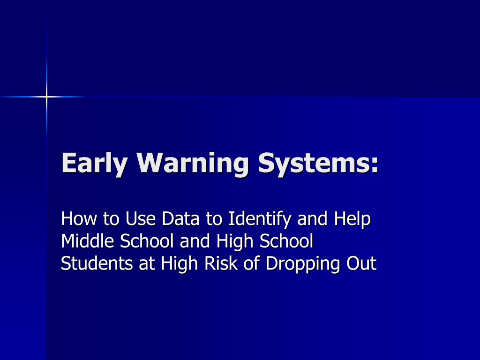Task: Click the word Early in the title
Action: pos(94,164)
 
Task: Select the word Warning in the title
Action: pos(192,164)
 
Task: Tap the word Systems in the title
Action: pos(313,163)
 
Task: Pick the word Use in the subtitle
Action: pos(140,218)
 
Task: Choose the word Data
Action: pos(180,218)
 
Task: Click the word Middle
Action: pos(88,241)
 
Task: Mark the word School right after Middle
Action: pos(147,241)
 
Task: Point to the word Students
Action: pos(97,263)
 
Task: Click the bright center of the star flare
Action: pos(46,97)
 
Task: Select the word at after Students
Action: pos(147,264)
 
